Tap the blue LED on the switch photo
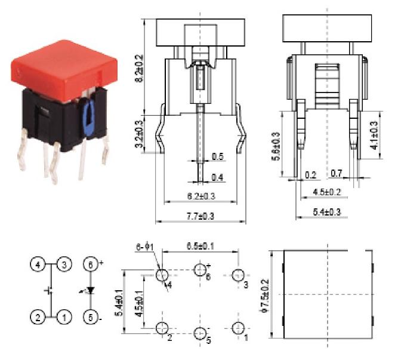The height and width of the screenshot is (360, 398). [x=76, y=113]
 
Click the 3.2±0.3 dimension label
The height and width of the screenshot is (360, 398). [x=140, y=133]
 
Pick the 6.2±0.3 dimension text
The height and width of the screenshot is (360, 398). [x=200, y=195]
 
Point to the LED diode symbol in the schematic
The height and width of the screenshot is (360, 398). [x=90, y=291]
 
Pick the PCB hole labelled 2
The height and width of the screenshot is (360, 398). [x=161, y=328]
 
